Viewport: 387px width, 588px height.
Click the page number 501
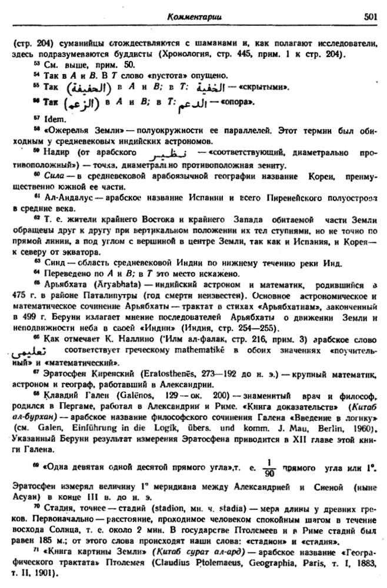(369, 18)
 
